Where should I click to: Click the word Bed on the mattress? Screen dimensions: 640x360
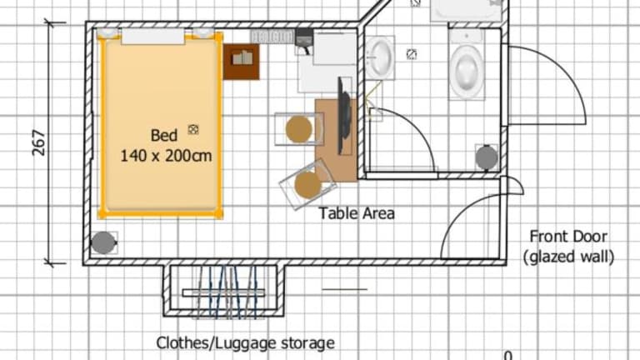tap(164, 136)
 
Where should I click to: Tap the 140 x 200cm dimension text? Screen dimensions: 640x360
tap(166, 156)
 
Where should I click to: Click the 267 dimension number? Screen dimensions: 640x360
tap(39, 142)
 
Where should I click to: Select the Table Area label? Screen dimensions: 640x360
tap(357, 213)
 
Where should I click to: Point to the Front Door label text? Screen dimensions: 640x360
tap(568, 237)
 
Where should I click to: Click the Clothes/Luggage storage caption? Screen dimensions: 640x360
tap(245, 342)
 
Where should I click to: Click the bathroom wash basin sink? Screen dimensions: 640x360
tap(380, 57)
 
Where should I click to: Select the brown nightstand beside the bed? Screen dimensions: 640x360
tap(241, 62)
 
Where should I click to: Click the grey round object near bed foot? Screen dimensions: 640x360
tap(103, 242)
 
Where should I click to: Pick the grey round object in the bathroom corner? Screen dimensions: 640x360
tap(487, 157)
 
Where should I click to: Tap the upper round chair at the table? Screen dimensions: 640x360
tap(299, 129)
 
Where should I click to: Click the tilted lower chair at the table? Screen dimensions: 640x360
tap(307, 184)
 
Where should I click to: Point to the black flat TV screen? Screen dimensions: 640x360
tap(343, 117)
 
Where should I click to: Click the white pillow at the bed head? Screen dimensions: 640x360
tap(152, 37)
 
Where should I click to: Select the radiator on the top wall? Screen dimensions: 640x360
tap(272, 37)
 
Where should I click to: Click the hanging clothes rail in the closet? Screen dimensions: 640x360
tap(223, 292)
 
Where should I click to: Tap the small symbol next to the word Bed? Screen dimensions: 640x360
tap(193, 129)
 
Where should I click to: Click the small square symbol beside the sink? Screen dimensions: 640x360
tap(412, 54)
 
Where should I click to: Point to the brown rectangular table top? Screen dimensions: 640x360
tap(336, 140)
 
